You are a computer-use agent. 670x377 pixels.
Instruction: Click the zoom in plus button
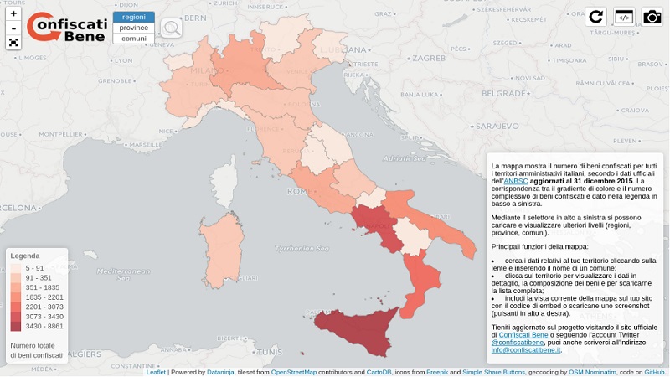pyautogui.click(x=13, y=13)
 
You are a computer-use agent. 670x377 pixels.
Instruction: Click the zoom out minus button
pyautogui.click(x=13, y=28)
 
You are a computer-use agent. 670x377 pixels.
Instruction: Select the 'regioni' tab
pyautogui.click(x=133, y=17)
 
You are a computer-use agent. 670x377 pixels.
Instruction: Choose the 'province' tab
pyautogui.click(x=133, y=28)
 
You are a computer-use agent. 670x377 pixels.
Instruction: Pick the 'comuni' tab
pyautogui.click(x=133, y=39)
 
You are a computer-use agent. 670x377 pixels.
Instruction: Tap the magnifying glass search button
pyautogui.click(x=171, y=28)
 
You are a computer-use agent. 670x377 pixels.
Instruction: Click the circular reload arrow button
pyautogui.click(x=596, y=17)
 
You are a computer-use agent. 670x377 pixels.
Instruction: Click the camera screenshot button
pyautogui.click(x=652, y=17)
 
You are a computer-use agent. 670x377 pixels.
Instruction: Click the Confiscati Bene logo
pyautogui.click(x=67, y=27)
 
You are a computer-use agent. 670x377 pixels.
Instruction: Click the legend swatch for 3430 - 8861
pyautogui.click(x=16, y=327)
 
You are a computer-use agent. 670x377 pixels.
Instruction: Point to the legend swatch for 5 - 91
pyautogui.click(x=16, y=268)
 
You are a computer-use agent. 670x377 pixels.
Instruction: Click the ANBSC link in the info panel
pyautogui.click(x=515, y=181)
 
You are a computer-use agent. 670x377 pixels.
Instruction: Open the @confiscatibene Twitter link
pyautogui.click(x=517, y=342)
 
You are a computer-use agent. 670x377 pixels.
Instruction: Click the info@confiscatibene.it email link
pyautogui.click(x=525, y=349)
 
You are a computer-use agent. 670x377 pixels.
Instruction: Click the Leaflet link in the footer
pyautogui.click(x=156, y=372)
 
